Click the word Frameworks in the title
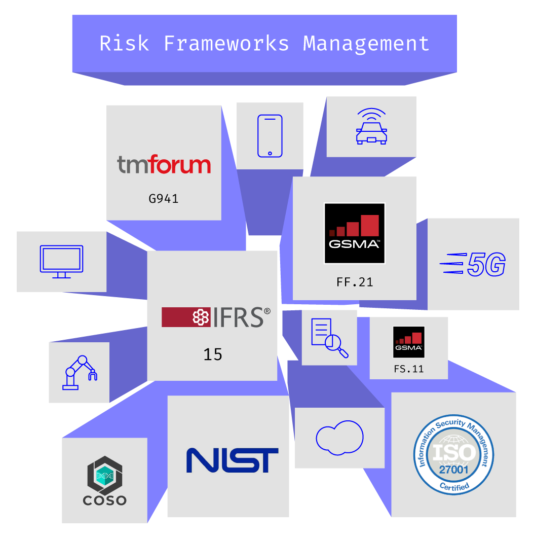click(226, 44)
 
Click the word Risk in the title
click(124, 44)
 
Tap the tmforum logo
click(164, 165)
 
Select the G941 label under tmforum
click(164, 198)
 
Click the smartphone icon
click(270, 136)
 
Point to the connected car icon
click(371, 127)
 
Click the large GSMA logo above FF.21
click(355, 233)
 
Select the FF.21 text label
click(355, 282)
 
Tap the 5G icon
click(473, 265)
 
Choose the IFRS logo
click(216, 317)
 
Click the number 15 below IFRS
click(213, 354)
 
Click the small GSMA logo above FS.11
click(409, 342)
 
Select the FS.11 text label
click(409, 369)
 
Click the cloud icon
click(339, 437)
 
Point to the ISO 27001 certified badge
click(453, 455)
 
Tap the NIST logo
click(232, 460)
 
